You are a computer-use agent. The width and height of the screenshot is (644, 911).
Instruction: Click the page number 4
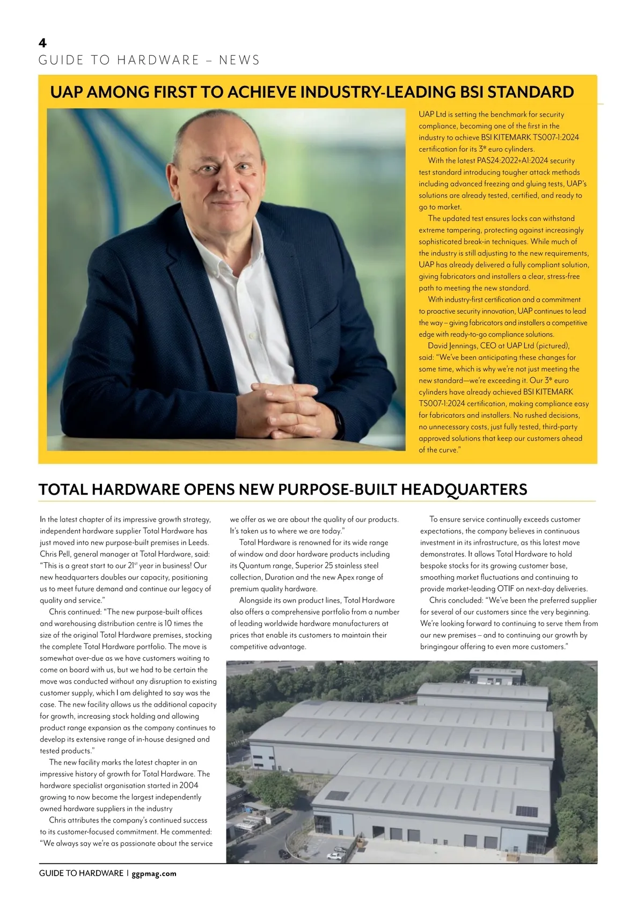click(x=43, y=43)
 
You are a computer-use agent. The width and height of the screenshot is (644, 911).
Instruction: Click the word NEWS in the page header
click(x=239, y=60)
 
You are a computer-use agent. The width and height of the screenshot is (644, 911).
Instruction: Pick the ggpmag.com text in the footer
click(x=154, y=873)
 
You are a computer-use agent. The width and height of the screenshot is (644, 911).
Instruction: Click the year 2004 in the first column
click(x=188, y=785)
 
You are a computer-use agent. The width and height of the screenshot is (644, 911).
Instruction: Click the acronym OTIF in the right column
click(x=509, y=589)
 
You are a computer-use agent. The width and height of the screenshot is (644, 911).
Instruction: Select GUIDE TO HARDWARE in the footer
click(x=81, y=873)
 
